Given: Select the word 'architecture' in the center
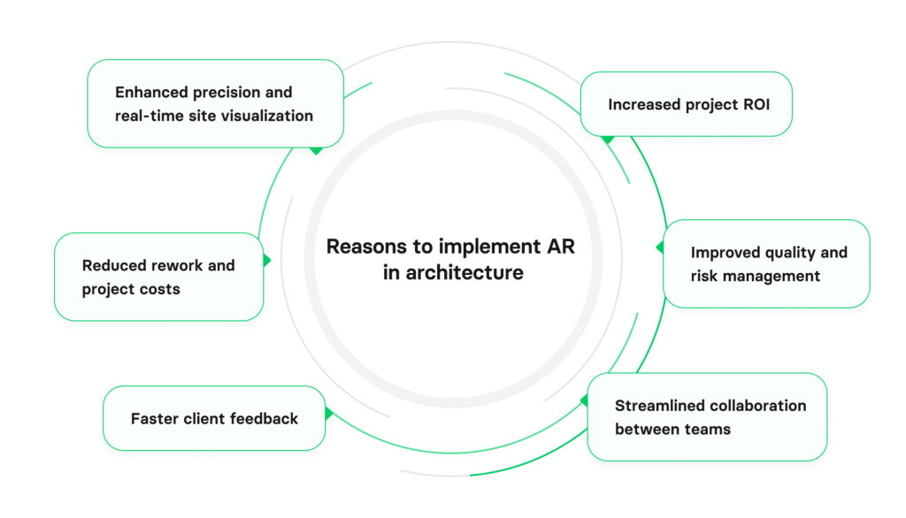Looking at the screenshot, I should pyautogui.click(x=465, y=273).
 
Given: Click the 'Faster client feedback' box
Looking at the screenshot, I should pyautogui.click(x=214, y=418).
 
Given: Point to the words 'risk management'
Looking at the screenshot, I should pyautogui.click(x=755, y=276).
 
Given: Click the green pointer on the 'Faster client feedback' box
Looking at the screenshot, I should pyautogui.click(x=329, y=414).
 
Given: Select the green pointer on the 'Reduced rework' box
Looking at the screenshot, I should pyautogui.click(x=267, y=261).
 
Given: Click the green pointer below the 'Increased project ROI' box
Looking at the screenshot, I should pyautogui.click(x=607, y=140).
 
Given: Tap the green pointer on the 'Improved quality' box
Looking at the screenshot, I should pyautogui.click(x=659, y=248).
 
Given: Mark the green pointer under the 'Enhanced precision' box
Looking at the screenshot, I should pyautogui.click(x=316, y=150).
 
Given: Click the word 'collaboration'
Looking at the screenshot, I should pyautogui.click(x=758, y=406).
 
